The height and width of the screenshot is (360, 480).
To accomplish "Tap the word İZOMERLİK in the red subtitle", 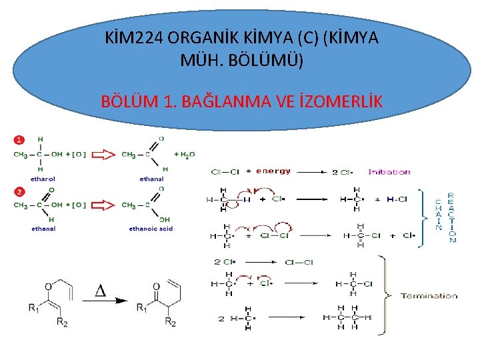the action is pyautogui.click(x=339, y=101).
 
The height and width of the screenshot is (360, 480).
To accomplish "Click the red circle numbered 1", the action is pyautogui.click(x=19, y=139).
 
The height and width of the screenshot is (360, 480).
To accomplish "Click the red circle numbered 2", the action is pyautogui.click(x=19, y=192).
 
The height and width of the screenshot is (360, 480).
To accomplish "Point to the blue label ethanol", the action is pyautogui.click(x=43, y=179).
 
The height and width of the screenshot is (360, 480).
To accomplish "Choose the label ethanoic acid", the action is pyautogui.click(x=151, y=229).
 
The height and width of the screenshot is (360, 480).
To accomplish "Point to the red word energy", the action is pyautogui.click(x=273, y=171).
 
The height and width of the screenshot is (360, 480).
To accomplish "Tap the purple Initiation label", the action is pyautogui.click(x=389, y=172).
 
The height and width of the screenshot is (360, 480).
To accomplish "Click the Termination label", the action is pyautogui.click(x=429, y=295).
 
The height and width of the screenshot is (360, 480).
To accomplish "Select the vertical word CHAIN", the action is pyautogui.click(x=438, y=215).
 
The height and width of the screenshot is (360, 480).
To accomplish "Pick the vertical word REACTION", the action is pyautogui.click(x=452, y=217).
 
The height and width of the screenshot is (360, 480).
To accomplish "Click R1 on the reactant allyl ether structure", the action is pyautogui.click(x=33, y=307).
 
